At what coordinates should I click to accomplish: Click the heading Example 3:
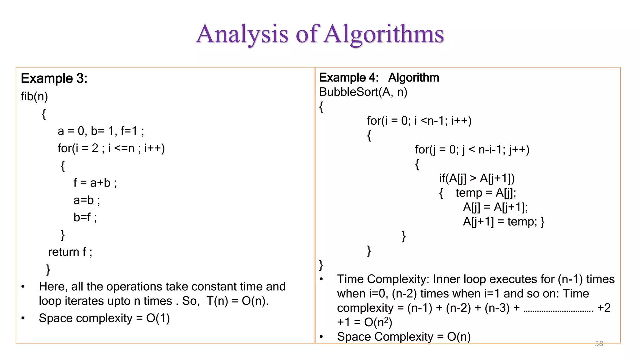coord(54,78)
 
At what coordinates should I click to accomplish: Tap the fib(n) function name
coord(34,96)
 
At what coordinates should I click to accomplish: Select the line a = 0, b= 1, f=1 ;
coord(101,131)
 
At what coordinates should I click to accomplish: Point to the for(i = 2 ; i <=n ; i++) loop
coord(111,148)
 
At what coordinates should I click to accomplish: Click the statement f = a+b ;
coord(95,182)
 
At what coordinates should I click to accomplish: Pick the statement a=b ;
coord(87,200)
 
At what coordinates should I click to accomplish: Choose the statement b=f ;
coord(85,217)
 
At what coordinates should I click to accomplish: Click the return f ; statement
coord(70,252)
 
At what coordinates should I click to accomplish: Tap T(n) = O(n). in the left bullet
coord(237,301)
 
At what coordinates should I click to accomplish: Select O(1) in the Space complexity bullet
coord(158,318)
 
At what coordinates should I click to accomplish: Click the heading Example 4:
coord(349,77)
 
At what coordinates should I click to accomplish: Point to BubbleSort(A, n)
coord(363,92)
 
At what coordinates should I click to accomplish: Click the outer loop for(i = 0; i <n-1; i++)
coord(419,121)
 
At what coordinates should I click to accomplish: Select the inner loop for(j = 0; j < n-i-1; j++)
coord(472,149)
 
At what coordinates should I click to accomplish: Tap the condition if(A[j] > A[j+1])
coord(477,178)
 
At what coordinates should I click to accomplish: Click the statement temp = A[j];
coord(486,193)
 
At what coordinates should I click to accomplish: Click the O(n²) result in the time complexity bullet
coord(378,322)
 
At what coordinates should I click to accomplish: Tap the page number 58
coord(599,344)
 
